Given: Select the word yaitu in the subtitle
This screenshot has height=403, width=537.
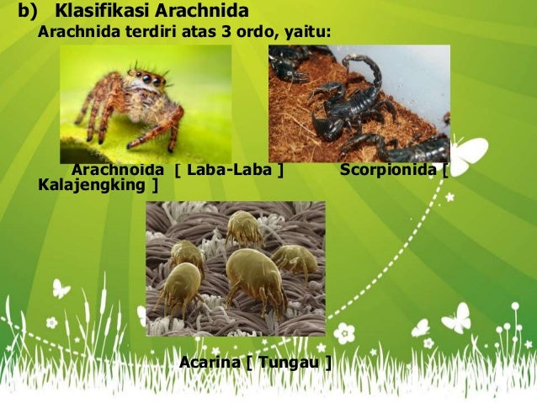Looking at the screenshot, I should [306, 33].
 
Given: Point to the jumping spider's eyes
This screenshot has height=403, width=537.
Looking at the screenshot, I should [150, 80].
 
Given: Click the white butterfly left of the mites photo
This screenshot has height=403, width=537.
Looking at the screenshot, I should [61, 289].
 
